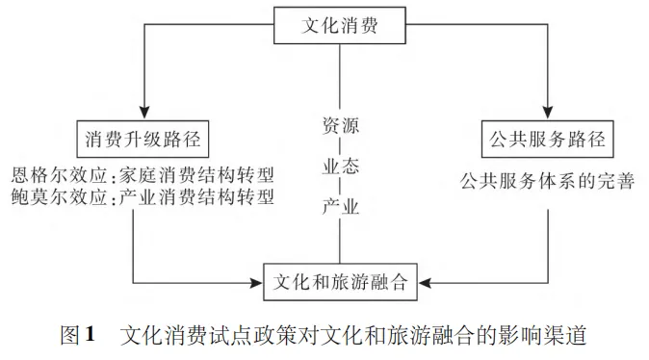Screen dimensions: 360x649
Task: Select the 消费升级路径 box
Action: [x=142, y=139]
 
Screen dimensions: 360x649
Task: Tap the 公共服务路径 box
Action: [x=545, y=139]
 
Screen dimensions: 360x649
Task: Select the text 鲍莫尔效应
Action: [x=58, y=199]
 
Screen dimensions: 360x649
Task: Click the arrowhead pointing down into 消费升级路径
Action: [x=142, y=110]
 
